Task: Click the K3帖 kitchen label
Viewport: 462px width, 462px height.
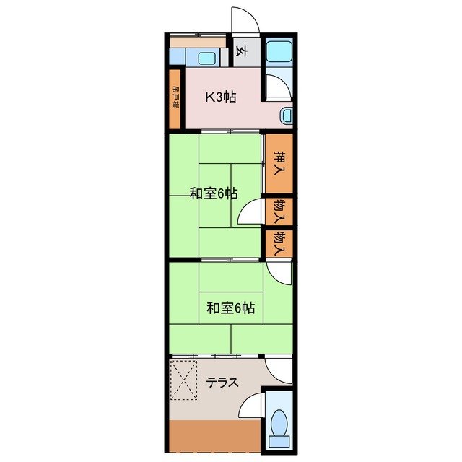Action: (220, 97)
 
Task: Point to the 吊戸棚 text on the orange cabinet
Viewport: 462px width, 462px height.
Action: (175, 97)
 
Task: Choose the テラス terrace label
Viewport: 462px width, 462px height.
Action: (222, 383)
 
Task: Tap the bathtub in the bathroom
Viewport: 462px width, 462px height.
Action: (277, 51)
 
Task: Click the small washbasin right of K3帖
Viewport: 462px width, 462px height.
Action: (287, 115)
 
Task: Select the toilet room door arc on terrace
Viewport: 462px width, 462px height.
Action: (250, 406)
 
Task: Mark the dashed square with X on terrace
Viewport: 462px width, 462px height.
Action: (183, 380)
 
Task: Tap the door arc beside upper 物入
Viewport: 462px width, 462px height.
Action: (249, 214)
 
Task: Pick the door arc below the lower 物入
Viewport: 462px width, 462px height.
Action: (279, 271)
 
